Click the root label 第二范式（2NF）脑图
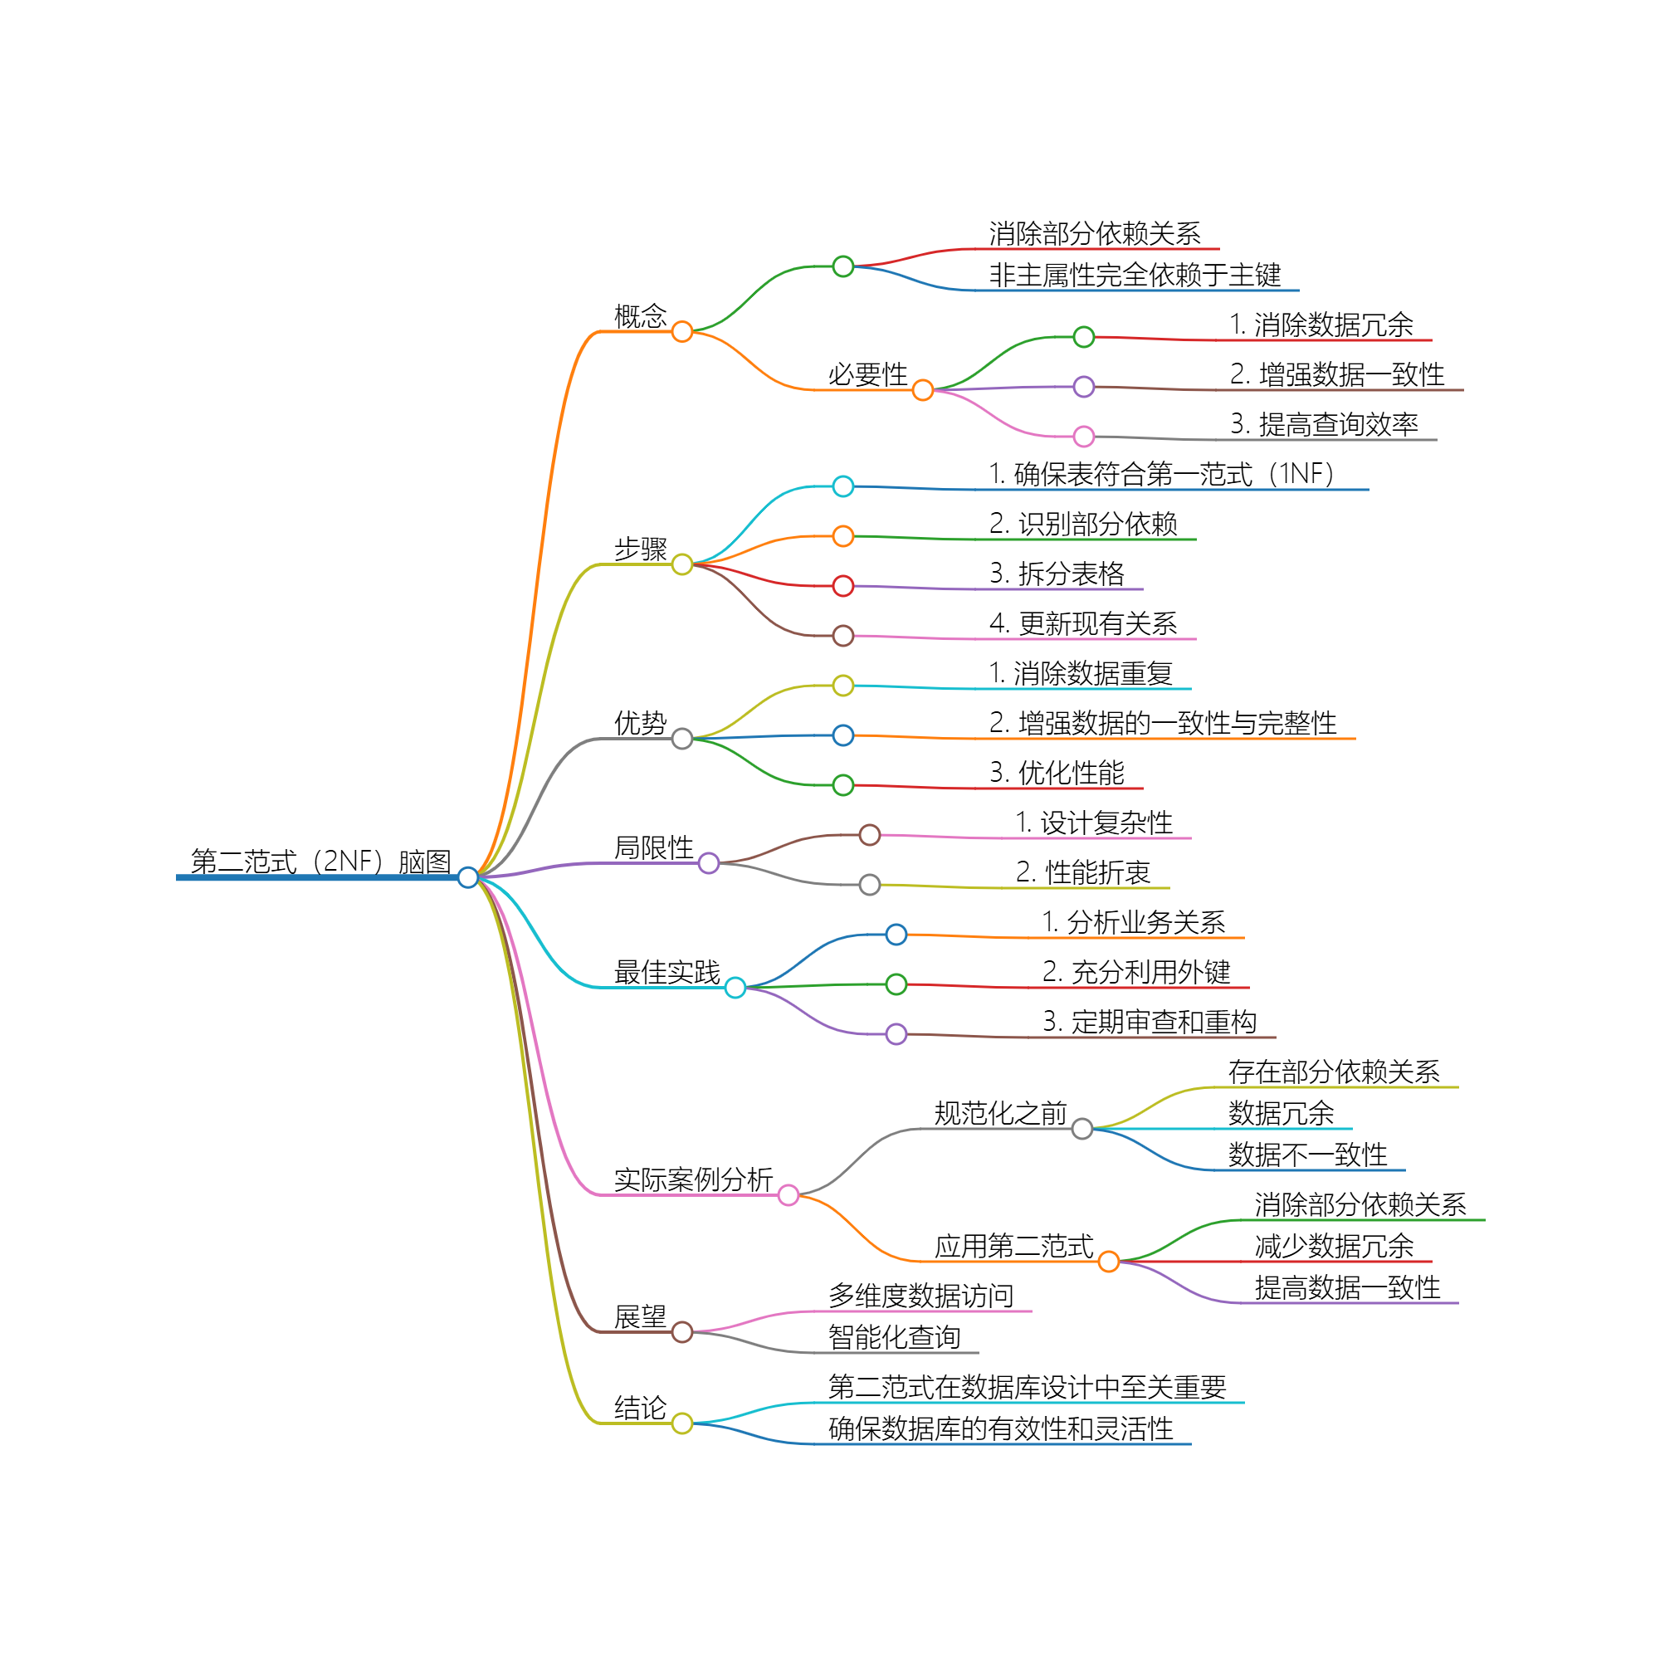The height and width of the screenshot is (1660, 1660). click(320, 861)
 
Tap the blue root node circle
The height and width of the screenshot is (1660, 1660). click(468, 877)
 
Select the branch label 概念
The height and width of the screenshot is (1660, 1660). click(640, 316)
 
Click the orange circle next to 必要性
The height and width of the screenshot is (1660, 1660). click(923, 390)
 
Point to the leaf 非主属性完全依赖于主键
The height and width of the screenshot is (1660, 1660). click(1135, 275)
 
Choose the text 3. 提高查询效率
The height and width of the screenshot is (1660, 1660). click(1324, 424)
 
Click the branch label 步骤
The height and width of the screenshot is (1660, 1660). click(640, 549)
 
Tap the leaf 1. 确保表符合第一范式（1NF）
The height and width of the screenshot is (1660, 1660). click(1161, 474)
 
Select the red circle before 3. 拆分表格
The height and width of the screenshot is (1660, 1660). click(843, 586)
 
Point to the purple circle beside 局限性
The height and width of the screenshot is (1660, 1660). click(709, 863)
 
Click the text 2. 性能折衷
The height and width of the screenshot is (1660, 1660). click(1082, 873)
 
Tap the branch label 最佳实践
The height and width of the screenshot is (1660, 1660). click(666, 973)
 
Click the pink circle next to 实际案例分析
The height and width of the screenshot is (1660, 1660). click(788, 1195)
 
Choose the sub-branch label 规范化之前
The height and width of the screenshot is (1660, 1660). click(1000, 1114)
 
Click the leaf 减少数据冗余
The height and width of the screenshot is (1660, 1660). click(1335, 1246)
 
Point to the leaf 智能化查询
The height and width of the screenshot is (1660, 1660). click(895, 1337)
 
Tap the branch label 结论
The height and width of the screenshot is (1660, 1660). click(640, 1409)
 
